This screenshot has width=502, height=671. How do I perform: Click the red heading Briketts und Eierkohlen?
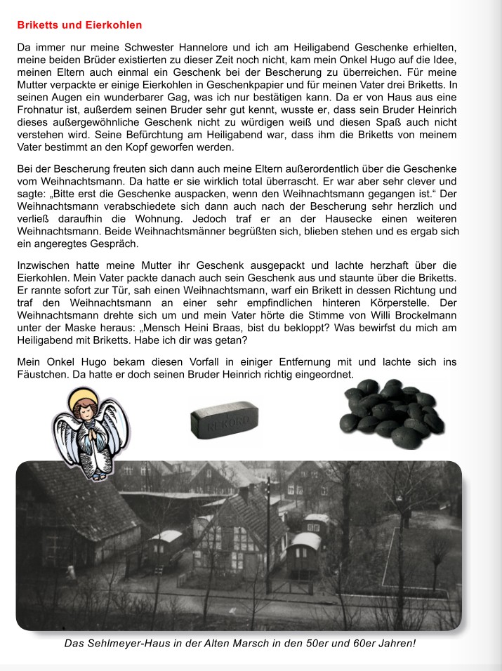79,25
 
